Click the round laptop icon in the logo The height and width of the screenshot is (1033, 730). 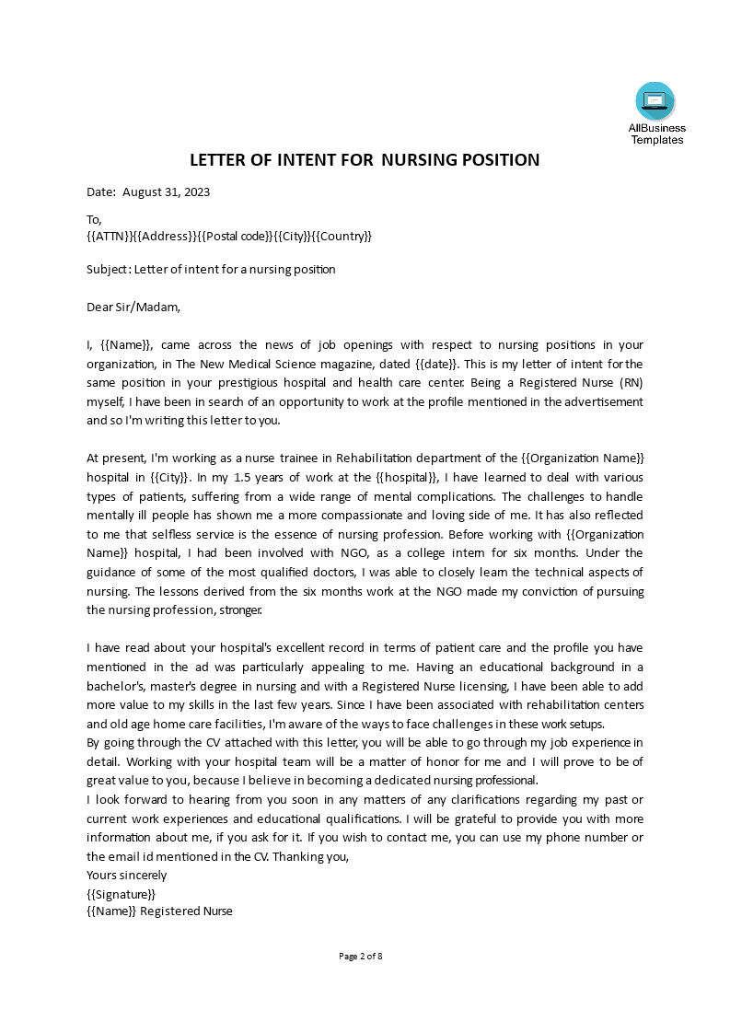655,101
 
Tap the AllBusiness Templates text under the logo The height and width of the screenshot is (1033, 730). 656,134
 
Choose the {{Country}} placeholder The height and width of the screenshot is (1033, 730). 342,237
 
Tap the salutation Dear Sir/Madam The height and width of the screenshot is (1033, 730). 133,307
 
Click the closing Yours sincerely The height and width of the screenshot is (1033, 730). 127,875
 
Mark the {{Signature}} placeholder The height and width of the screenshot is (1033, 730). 121,893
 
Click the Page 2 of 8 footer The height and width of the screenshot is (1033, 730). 361,956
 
